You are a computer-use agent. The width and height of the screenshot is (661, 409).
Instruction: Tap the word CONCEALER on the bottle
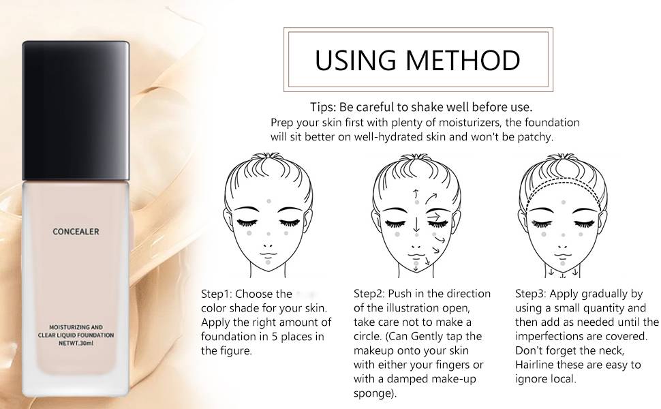76,232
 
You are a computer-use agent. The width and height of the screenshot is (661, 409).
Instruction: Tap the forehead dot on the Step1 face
270,201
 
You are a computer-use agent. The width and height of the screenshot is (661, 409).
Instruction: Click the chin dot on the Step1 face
268,262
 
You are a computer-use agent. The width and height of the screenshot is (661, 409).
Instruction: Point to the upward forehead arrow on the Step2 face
415,196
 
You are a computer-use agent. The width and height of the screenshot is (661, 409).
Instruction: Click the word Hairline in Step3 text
536,365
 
